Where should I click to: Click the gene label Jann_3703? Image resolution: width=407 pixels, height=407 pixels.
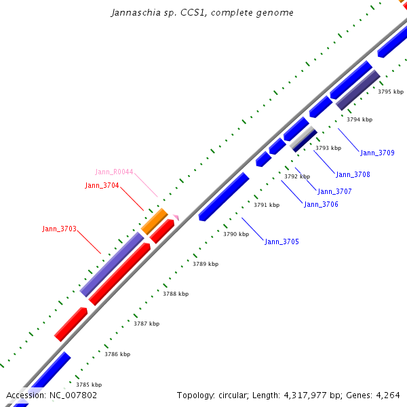59,229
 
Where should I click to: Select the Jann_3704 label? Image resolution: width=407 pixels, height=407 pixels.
102,185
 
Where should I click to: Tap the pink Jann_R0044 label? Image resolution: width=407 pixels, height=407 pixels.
114,172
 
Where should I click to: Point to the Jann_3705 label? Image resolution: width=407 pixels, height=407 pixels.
282,241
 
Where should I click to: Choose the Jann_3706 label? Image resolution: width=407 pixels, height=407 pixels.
321,204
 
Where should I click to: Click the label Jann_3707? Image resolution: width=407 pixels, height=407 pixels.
334,191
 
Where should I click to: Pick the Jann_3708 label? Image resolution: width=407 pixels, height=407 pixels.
353,174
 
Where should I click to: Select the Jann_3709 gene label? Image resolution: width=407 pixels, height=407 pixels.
377,153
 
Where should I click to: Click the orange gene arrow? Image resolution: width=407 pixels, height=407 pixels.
155,221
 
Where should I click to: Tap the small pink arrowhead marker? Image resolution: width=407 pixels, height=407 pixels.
176,217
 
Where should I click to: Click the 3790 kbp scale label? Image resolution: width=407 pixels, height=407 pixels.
236,234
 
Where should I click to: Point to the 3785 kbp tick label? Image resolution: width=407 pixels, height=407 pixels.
89,385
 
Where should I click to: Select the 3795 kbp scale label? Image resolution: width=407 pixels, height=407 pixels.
391,92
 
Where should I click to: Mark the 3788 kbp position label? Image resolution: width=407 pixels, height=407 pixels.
176,294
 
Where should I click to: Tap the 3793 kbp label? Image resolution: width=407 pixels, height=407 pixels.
328,148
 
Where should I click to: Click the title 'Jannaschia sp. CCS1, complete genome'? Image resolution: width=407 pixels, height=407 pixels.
202,13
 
